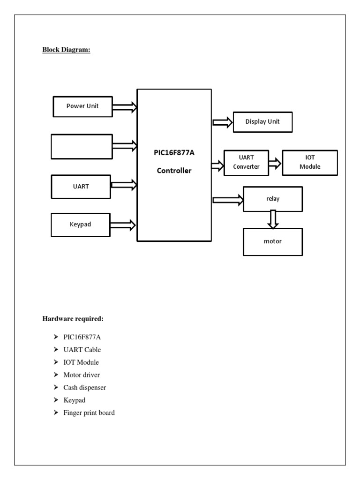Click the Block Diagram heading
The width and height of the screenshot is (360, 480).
(66, 50)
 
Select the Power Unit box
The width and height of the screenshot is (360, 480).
(82, 106)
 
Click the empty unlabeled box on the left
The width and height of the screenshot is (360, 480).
(82, 146)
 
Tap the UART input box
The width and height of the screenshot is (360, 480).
(81, 186)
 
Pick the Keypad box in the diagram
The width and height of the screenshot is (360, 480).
(81, 225)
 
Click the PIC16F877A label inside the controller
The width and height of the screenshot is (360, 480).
(174, 152)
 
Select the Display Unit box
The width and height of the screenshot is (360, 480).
(262, 122)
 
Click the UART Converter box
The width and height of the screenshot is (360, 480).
(246, 163)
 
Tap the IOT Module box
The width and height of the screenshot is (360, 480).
(309, 163)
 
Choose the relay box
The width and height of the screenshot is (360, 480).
(273, 199)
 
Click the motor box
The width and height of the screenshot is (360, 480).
(273, 242)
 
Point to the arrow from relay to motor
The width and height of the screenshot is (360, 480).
(273, 219)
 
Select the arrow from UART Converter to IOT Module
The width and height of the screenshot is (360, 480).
(275, 163)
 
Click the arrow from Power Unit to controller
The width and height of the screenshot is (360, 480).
(125, 108)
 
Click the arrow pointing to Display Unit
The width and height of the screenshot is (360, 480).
(223, 122)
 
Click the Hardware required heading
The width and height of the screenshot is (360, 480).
(73, 319)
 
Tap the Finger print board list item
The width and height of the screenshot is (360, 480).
(89, 413)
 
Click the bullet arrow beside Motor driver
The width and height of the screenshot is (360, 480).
(56, 375)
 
